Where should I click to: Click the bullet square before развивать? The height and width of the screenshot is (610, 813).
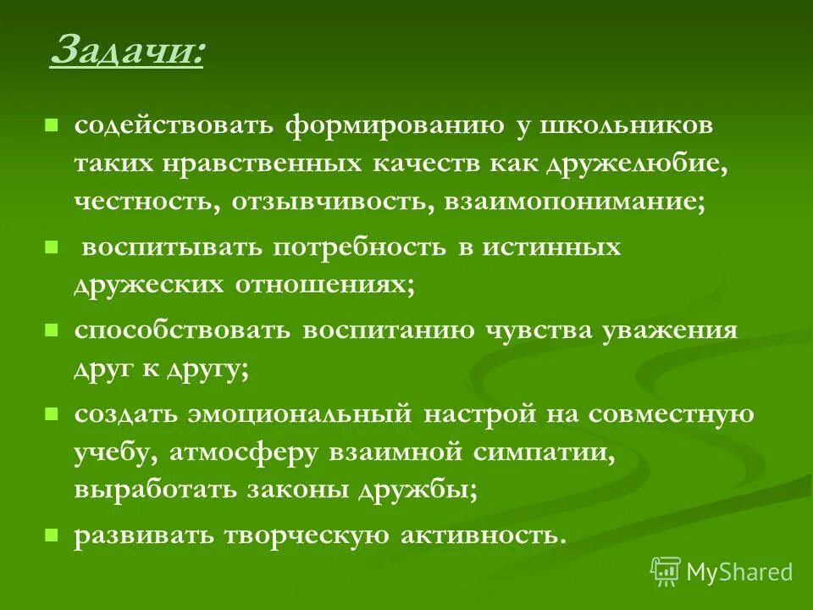51,535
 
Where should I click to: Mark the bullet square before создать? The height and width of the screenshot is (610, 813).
51,413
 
